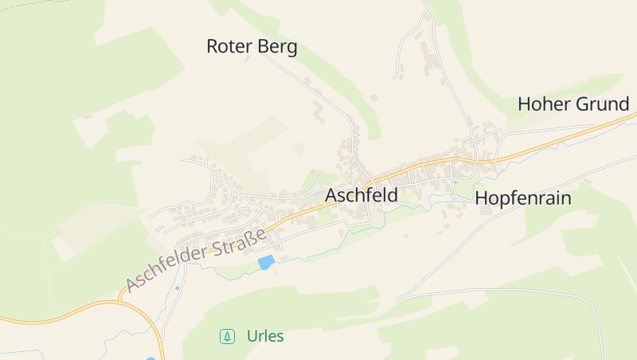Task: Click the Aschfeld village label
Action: pyautogui.click(x=361, y=194)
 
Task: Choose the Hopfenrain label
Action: pyautogui.click(x=523, y=198)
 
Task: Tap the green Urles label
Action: pyautogui.click(x=265, y=336)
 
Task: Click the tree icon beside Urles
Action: pyautogui.click(x=228, y=336)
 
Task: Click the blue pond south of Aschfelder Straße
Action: pyautogui.click(x=266, y=262)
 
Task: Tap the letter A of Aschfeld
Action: pyautogui.click(x=331, y=194)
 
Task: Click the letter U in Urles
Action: pyautogui.click(x=252, y=336)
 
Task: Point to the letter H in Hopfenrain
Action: pyautogui.click(x=482, y=198)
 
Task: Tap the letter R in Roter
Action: pyautogui.click(x=213, y=46)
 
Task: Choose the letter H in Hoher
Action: pyautogui.click(x=524, y=104)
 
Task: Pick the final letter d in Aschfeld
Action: pyautogui.click(x=392, y=194)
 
